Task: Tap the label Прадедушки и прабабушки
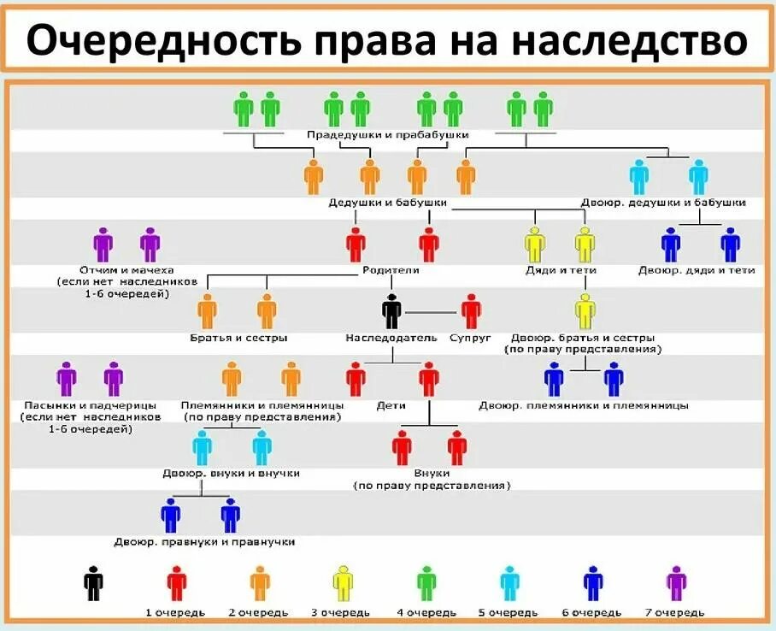(388, 135)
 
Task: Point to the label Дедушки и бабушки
(388, 203)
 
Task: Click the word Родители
(391, 270)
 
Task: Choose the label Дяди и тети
(561, 270)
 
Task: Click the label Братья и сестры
(238, 338)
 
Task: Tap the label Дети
(391, 405)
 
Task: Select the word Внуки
(432, 473)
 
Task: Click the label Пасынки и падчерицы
(89, 405)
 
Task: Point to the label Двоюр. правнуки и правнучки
(205, 542)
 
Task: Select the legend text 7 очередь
(676, 612)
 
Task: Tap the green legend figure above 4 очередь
(426, 583)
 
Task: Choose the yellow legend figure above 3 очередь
(342, 583)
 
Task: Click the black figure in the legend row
(93, 583)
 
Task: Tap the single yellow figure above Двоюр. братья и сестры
(585, 311)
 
